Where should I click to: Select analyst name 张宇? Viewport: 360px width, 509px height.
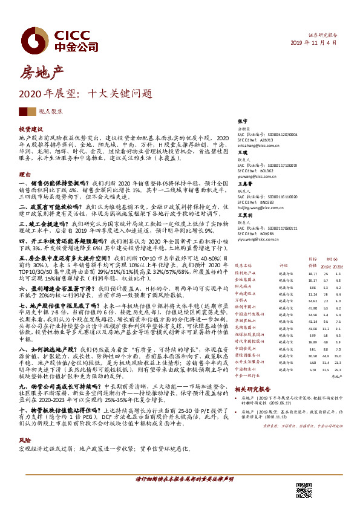click(x=243, y=121)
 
